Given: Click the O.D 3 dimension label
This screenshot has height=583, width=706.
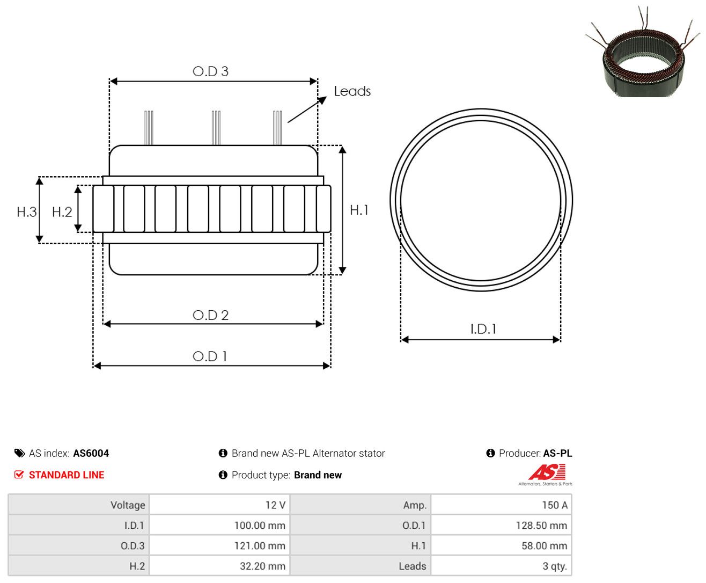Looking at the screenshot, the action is (x=210, y=71).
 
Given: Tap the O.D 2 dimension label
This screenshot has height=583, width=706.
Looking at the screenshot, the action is (x=210, y=315).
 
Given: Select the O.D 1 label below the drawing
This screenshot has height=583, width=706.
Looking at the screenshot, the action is (x=210, y=356).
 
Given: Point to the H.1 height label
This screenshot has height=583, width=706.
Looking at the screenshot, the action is (x=359, y=210).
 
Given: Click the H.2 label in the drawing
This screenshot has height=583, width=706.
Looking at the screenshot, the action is (x=62, y=212).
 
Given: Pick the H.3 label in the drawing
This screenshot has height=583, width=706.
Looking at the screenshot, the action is (x=26, y=212).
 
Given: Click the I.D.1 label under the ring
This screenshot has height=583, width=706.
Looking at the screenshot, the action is (x=483, y=329).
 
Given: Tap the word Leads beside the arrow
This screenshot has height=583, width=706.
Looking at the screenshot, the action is (x=352, y=91).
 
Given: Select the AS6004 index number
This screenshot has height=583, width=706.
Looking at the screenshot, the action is (x=91, y=453).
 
